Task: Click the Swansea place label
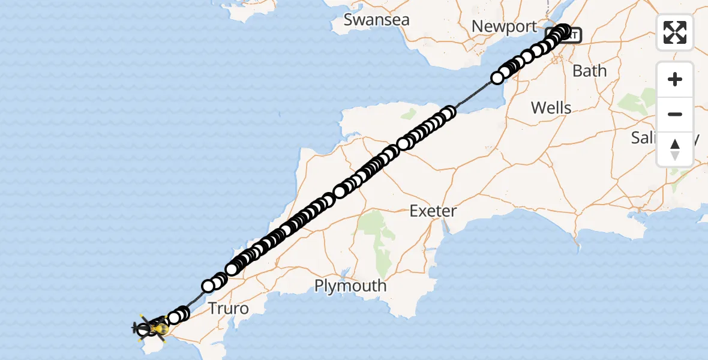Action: pyautogui.click(x=376, y=20)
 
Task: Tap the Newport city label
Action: pyautogui.click(x=504, y=26)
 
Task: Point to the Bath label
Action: pyautogui.click(x=590, y=71)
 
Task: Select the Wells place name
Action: pyautogui.click(x=551, y=108)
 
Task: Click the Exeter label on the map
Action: pyautogui.click(x=433, y=211)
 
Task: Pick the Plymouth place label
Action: pyautogui.click(x=350, y=286)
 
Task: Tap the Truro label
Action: pyautogui.click(x=228, y=309)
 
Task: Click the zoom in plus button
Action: pyautogui.click(x=675, y=79)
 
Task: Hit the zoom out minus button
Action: pyautogui.click(x=675, y=114)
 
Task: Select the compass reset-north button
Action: pyautogui.click(x=675, y=149)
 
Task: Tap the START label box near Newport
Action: pyautogui.click(x=571, y=35)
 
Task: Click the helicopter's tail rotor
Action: pyautogui.click(x=136, y=328)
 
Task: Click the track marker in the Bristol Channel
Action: pyautogui.click(x=497, y=78)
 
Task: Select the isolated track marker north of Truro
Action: pyautogui.click(x=208, y=286)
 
